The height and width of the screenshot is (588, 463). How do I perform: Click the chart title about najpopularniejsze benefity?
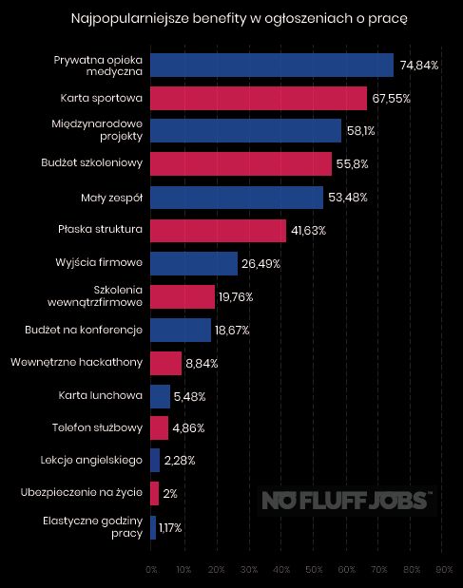tap(233, 18)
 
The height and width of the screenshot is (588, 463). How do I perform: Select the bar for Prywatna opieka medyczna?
tap(271, 65)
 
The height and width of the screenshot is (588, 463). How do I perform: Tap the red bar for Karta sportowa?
tap(258, 98)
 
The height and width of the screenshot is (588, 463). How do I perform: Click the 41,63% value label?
tap(308, 231)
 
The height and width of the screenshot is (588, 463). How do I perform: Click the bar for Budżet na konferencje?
tap(180, 330)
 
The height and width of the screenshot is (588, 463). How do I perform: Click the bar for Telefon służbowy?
tap(159, 428)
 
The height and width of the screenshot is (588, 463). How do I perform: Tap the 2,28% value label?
tap(179, 462)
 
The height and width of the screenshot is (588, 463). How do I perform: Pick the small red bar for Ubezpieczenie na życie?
tap(154, 494)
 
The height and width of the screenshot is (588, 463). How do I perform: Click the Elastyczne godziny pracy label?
tap(93, 527)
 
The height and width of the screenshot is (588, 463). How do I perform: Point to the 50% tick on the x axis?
tap(314, 570)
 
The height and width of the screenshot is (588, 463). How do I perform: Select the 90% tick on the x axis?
tap(443, 570)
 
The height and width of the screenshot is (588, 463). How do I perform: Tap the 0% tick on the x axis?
tap(151, 570)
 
